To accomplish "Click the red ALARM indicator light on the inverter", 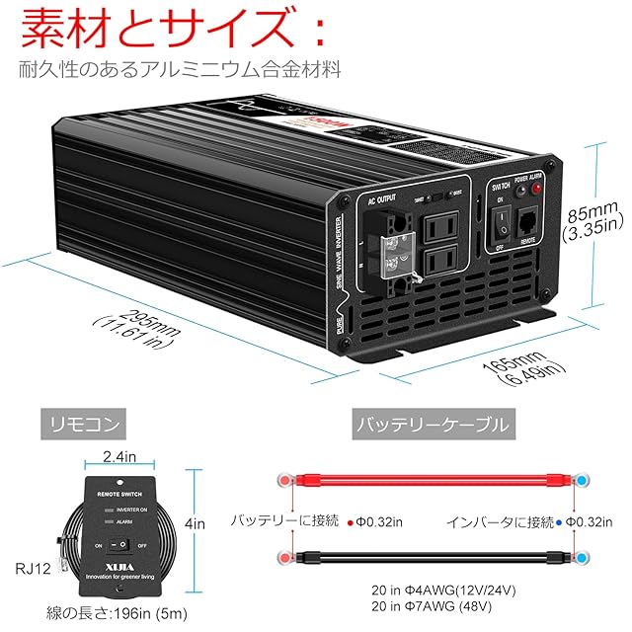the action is pos(537,188).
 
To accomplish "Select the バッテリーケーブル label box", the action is pos(432,426).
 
